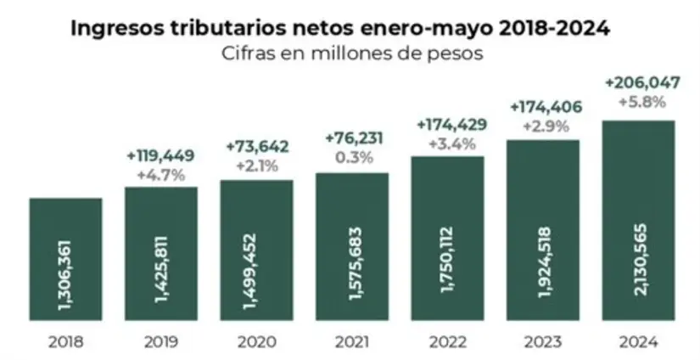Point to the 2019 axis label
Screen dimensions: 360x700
(160, 342)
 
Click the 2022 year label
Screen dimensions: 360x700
(447, 342)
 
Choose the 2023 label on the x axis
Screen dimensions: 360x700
(542, 342)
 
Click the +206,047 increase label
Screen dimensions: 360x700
(638, 85)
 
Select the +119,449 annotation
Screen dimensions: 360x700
(160, 156)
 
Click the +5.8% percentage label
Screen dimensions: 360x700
(638, 104)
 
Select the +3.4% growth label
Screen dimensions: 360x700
(447, 143)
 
